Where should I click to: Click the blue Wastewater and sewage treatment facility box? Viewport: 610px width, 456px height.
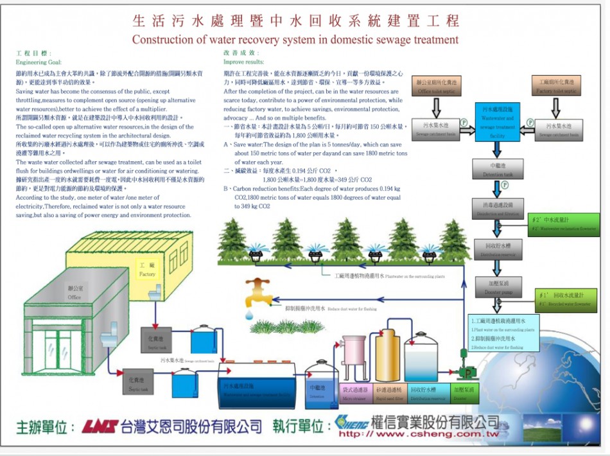[498, 121]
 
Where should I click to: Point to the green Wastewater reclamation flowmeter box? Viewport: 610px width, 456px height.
[565, 225]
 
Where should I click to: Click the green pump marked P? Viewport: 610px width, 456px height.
[469, 372]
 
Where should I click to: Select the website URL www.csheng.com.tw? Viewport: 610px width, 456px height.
[419, 434]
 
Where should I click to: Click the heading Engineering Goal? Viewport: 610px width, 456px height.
[39, 62]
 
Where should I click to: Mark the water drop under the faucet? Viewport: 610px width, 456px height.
[248, 314]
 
